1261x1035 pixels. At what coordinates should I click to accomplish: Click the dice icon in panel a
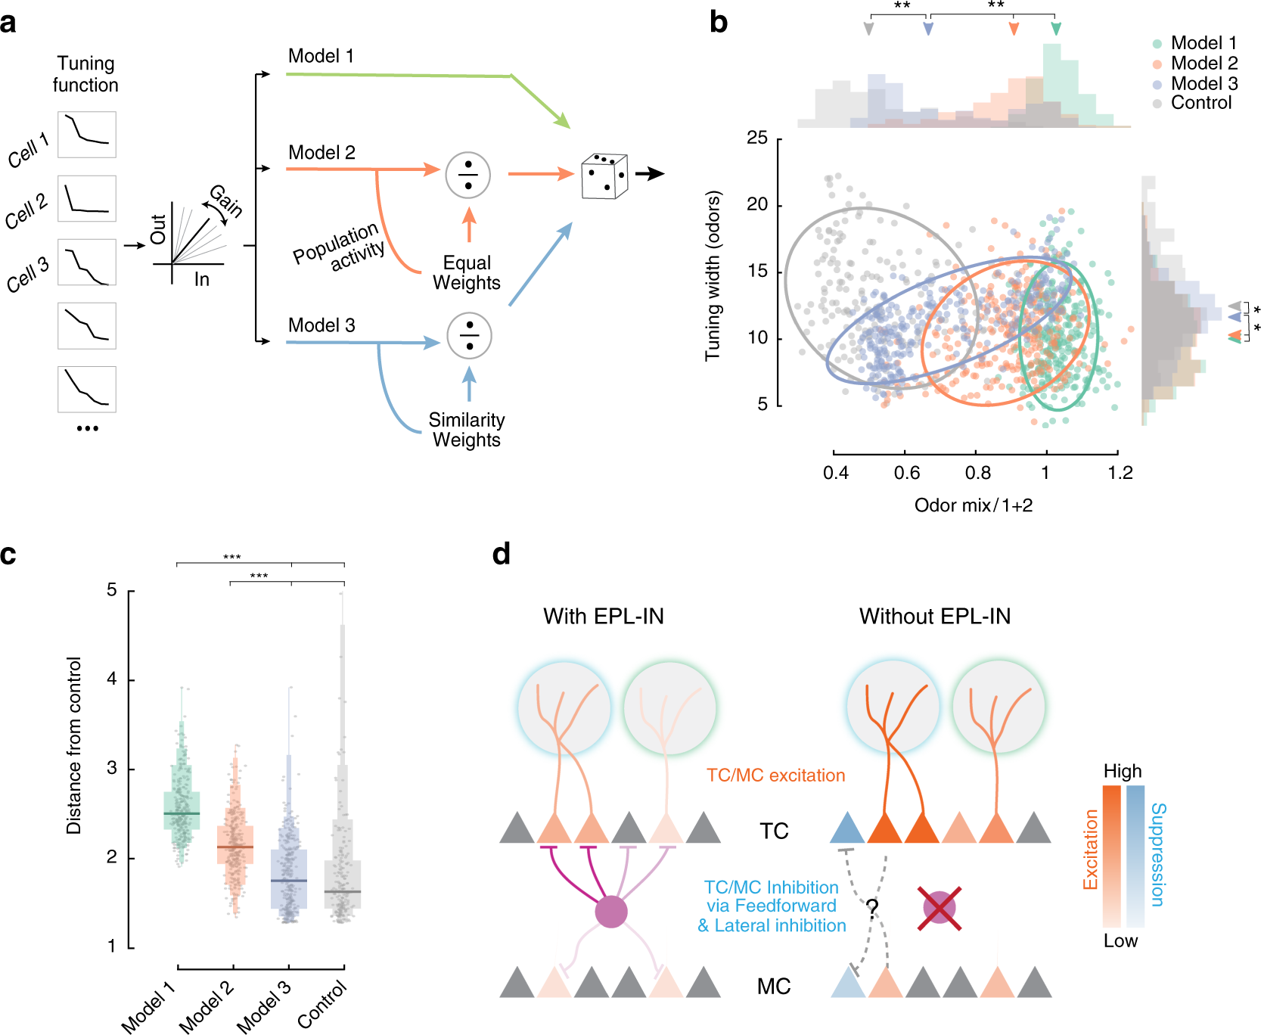coord(604,176)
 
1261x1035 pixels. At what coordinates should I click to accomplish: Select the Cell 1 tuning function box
coord(87,135)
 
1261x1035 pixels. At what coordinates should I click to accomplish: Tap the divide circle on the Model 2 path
coord(468,175)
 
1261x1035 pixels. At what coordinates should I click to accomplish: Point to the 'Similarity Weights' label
coord(466,430)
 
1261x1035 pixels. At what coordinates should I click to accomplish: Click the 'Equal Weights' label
coord(467,272)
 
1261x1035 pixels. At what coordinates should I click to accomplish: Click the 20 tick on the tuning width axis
coord(757,204)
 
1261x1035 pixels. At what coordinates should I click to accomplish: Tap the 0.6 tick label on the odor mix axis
coord(906,474)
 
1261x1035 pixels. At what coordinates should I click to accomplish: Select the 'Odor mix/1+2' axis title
coord(974,505)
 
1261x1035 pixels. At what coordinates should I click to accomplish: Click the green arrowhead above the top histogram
coord(1056,29)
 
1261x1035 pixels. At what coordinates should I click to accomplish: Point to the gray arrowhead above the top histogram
coord(868,29)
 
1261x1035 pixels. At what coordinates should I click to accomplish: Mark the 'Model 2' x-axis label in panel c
coord(206,1005)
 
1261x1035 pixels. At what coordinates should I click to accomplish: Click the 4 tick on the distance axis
coord(112,679)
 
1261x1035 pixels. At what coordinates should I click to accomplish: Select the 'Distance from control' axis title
coord(73,745)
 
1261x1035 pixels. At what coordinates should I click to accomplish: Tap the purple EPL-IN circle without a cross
coord(611,912)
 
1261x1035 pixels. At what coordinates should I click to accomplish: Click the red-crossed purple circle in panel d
coord(939,908)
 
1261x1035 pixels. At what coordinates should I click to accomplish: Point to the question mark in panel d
coord(871,907)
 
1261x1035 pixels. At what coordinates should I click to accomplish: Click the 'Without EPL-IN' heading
coord(934,617)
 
